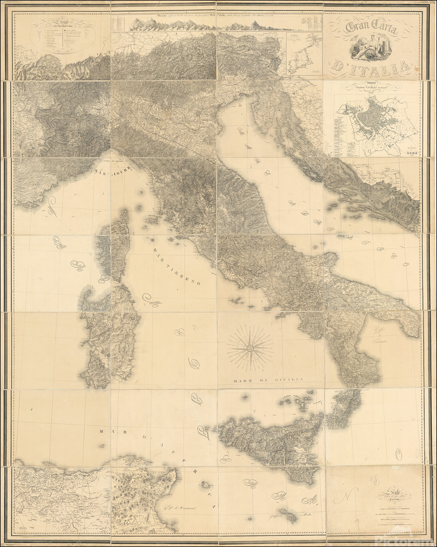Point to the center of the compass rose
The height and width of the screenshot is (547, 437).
(x=249, y=348)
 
